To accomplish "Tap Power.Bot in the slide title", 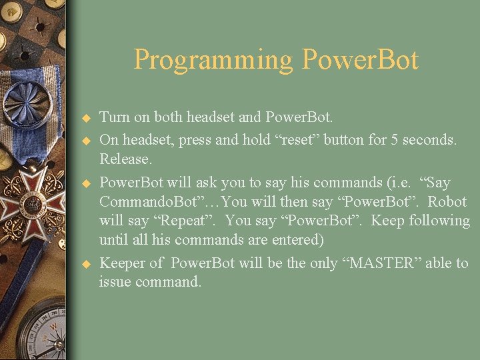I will pos(360,60).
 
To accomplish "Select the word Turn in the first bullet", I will pos(115,117).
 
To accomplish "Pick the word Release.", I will pos(126,159).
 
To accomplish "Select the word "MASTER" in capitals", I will pos(383,263).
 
